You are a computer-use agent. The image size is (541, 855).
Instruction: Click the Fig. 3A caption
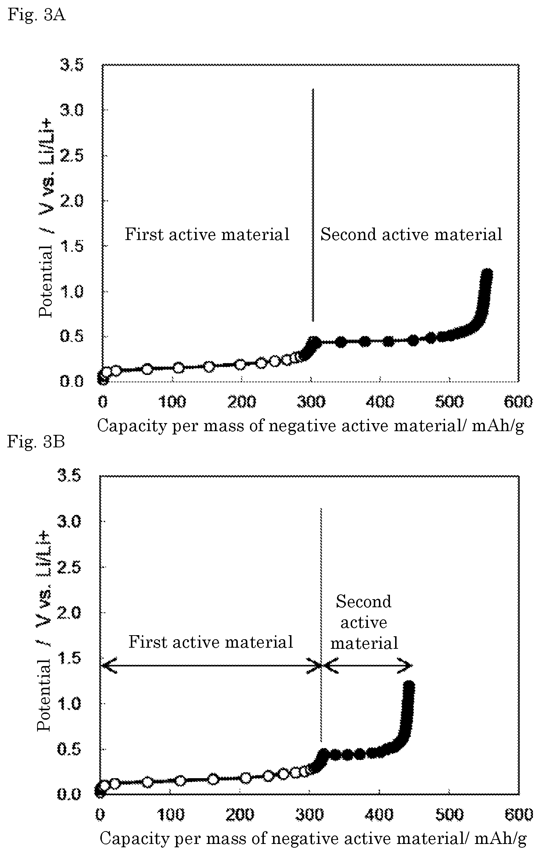(36, 15)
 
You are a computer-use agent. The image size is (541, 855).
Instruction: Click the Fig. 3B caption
(36, 441)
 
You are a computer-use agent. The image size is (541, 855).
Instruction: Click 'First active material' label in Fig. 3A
(207, 234)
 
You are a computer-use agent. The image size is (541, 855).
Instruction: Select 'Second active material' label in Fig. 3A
(411, 234)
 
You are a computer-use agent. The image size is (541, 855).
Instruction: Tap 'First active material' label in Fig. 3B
(211, 642)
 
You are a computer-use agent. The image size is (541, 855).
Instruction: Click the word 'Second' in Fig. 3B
(363, 602)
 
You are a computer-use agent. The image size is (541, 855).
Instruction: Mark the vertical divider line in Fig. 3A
(313, 205)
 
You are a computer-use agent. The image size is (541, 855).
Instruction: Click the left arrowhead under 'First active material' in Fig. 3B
(108, 665)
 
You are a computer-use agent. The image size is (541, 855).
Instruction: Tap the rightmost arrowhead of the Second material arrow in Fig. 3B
(405, 665)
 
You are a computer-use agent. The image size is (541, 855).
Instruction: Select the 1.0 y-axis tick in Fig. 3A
(72, 291)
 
